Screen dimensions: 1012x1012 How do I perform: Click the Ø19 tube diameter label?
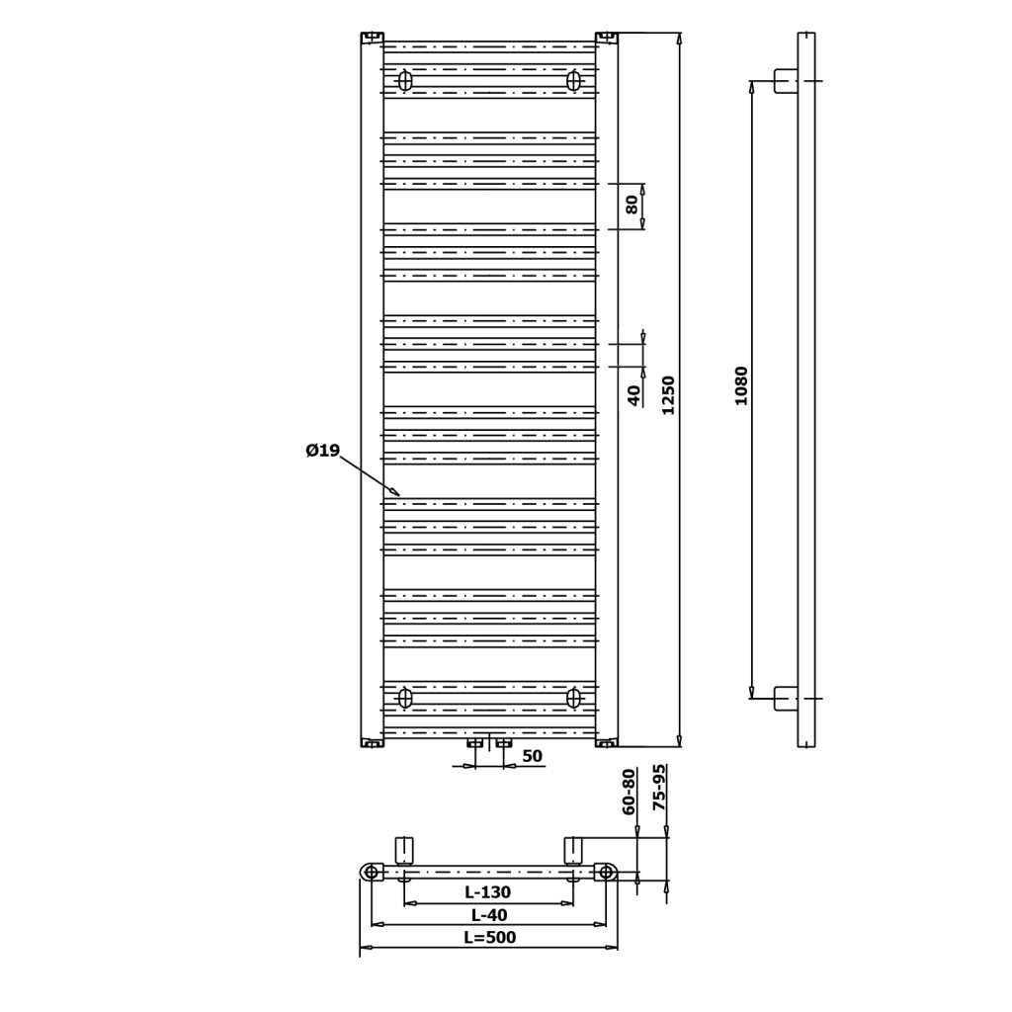pos(322,452)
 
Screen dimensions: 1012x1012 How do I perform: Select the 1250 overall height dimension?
pos(668,394)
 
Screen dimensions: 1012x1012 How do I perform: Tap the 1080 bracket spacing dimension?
pos(741,385)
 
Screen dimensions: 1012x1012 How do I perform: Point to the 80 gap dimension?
pos(632,205)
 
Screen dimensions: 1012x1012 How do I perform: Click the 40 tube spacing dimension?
pos(633,395)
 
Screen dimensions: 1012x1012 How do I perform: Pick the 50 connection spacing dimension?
pos(532,756)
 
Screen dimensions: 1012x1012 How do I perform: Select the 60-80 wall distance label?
pos(630,792)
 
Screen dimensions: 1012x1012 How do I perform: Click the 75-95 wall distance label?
pos(659,789)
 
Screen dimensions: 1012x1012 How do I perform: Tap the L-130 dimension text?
pos(488,892)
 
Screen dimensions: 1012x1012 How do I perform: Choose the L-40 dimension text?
pos(488,915)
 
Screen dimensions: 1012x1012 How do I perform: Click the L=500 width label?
pos(489,938)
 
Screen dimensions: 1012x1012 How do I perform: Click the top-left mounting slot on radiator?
pos(404,81)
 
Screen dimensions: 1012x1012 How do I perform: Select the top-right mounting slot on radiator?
pos(573,81)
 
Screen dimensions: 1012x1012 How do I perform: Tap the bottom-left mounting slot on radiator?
pos(404,699)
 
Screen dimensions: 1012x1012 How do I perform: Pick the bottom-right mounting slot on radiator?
pos(573,699)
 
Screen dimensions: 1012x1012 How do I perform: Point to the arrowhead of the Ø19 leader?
pos(396,493)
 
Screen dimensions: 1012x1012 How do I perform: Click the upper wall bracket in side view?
pos(786,81)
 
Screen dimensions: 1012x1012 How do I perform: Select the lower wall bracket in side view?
pos(786,699)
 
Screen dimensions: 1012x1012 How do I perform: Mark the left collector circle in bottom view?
pos(371,872)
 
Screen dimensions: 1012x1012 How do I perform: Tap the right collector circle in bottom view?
pos(606,872)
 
